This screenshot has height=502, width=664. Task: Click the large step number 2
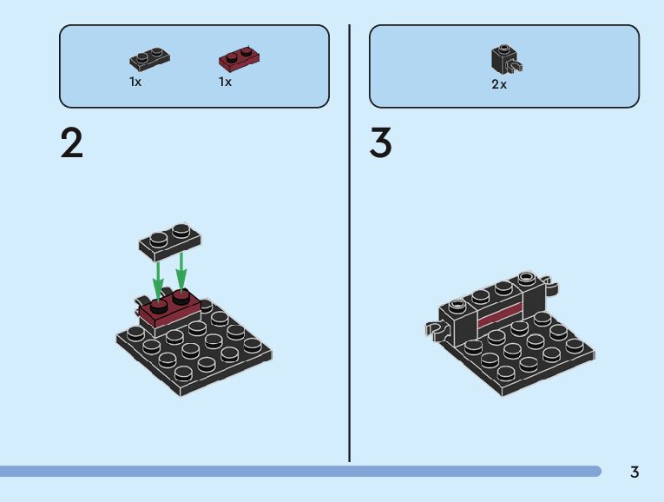pos(72,143)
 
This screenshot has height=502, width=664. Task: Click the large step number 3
pos(381,143)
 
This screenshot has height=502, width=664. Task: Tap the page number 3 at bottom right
pos(634,472)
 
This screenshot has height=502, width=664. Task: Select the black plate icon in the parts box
pos(149,59)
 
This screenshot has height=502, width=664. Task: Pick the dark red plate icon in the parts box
pos(240,58)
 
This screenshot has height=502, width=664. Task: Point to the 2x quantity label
pos(499,85)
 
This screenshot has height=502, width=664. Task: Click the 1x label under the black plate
pos(135,82)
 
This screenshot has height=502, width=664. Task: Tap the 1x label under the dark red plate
pos(225,82)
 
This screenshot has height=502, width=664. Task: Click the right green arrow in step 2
pos(181,270)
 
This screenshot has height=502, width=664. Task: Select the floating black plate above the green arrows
pos(170,241)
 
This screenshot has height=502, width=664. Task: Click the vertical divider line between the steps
pos(350,243)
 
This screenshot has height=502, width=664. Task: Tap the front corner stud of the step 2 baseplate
pos(184,374)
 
